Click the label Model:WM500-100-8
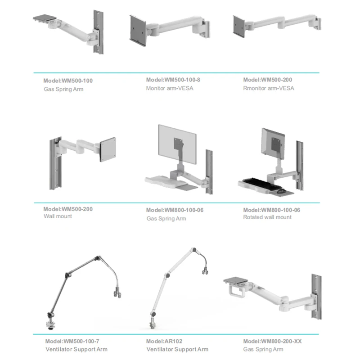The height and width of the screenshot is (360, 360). pyautogui.click(x=173, y=80)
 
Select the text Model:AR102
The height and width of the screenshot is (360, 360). pyautogui.click(x=164, y=341)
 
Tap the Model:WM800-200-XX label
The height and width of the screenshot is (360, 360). pyautogui.click(x=272, y=341)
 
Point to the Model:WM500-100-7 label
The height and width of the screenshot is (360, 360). pyautogui.click(x=72, y=341)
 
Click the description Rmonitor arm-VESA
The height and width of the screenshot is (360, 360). pyautogui.click(x=269, y=88)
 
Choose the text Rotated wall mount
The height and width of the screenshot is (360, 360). pyautogui.click(x=267, y=217)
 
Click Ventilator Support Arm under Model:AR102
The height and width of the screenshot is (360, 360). pyautogui.click(x=177, y=349)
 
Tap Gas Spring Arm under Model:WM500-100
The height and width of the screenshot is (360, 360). pyautogui.click(x=63, y=89)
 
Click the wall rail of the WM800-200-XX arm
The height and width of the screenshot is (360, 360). pyautogui.click(x=314, y=292)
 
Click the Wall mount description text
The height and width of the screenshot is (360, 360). pyautogui.click(x=58, y=216)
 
